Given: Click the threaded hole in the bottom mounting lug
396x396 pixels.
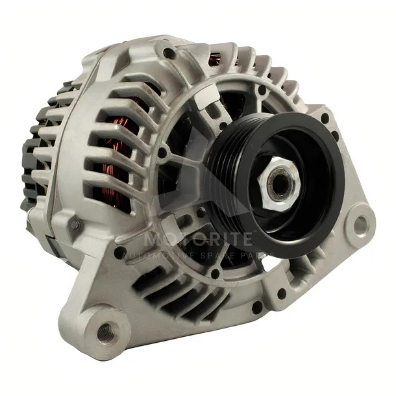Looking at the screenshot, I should pos(105,334).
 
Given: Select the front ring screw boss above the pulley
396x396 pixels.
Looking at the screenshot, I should pos(262,91).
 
